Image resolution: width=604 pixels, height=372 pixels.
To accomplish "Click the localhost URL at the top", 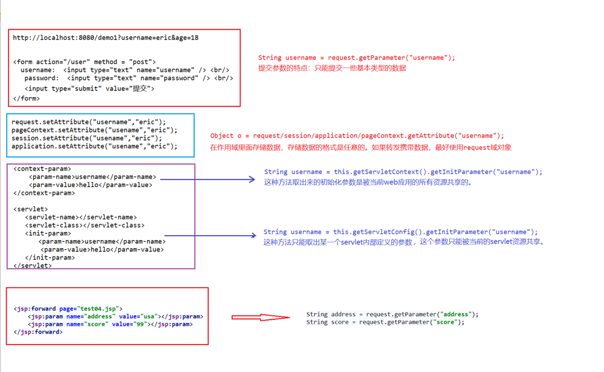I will tap(105, 38).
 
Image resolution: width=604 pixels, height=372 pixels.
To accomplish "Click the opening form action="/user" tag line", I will tap(84, 62).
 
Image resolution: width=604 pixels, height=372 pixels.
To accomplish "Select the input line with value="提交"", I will tap(89, 89).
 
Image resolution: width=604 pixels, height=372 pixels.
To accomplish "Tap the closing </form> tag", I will tap(26, 98).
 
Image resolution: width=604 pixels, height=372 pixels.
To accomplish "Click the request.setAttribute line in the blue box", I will tap(88, 122).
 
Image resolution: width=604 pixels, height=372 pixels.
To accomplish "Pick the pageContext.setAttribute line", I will tap(94, 130).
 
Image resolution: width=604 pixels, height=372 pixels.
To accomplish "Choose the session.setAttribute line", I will tap(86, 138).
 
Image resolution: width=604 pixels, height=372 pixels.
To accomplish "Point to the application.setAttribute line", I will tap(94, 147).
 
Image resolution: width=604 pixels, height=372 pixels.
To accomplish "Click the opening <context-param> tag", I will tap(42, 169).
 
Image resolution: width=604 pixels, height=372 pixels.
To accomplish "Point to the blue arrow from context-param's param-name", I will tap(207, 179).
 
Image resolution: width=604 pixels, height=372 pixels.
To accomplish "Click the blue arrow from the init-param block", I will tap(210, 235).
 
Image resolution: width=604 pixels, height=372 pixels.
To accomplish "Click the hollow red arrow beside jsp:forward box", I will tap(260, 317).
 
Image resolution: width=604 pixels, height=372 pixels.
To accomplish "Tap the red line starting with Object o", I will tap(357, 136).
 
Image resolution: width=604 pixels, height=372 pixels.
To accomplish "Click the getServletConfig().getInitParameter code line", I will tap(400, 232).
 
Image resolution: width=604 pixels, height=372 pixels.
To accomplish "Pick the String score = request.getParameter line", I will tap(385, 322).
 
